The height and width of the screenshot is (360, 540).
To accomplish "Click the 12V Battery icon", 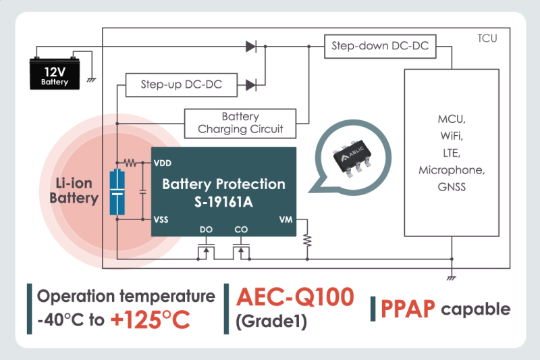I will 57,73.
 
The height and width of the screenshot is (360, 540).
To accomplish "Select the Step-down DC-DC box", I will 379,47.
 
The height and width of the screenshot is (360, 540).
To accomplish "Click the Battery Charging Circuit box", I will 240,123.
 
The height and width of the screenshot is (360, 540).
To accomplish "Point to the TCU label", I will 487,38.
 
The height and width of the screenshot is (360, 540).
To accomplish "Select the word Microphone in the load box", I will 452,169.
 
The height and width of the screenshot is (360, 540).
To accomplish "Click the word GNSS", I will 452,186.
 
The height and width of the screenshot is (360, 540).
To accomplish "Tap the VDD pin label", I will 163,163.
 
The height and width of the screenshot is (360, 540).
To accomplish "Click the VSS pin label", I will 162,220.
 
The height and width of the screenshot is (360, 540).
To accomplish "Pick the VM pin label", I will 286,220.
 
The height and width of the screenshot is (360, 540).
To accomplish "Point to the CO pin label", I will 240,230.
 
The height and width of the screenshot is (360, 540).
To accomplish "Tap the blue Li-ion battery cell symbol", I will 117,193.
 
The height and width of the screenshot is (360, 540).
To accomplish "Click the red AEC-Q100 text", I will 294,297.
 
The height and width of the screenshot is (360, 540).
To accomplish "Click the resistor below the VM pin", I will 307,240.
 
